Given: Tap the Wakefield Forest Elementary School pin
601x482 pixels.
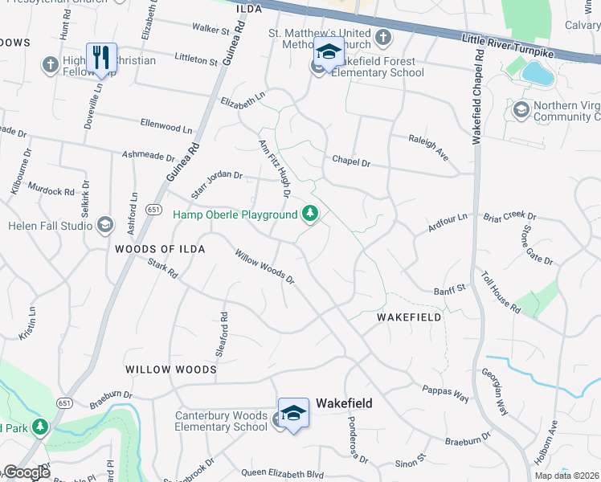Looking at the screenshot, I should coord(329,52).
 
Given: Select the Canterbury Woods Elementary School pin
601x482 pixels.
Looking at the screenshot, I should coord(293,413).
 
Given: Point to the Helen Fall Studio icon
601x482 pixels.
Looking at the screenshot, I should coord(104,226).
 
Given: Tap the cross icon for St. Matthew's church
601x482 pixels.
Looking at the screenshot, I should coord(382,38).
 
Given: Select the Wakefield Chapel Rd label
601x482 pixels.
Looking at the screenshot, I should coord(477,96).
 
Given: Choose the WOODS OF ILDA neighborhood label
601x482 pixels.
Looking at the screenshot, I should coord(160,250).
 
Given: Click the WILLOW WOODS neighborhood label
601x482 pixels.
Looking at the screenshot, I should coord(170,370).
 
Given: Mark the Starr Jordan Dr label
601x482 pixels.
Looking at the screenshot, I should coord(216,185).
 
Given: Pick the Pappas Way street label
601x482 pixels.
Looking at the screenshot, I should coord(445,392).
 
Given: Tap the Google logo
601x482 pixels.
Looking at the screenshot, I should coord(26,472).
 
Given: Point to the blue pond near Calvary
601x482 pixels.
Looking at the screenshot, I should coord(534,73).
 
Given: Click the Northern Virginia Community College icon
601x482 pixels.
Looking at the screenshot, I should coord(521,109).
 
